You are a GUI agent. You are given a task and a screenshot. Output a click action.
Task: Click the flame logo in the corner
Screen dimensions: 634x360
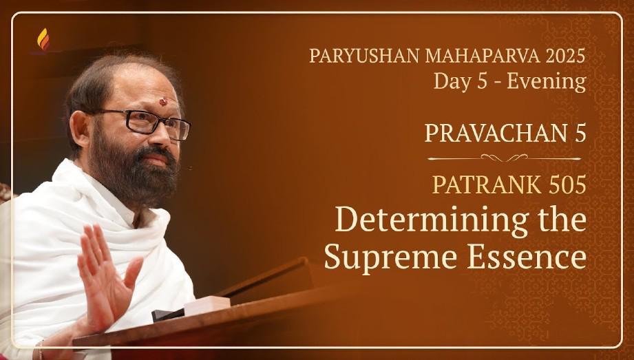pyautogui.click(x=43, y=39)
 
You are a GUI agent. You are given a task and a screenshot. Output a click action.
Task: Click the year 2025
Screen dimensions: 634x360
pyautogui.click(x=565, y=56)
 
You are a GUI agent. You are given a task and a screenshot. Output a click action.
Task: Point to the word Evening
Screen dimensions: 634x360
pyautogui.click(x=547, y=82)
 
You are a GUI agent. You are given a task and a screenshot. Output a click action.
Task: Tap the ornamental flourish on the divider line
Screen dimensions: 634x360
pyautogui.click(x=504, y=158)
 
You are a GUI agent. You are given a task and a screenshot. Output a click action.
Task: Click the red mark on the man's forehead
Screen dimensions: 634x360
pyautogui.click(x=163, y=101)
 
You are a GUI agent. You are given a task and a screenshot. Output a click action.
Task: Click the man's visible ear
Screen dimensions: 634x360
pyautogui.click(x=80, y=129)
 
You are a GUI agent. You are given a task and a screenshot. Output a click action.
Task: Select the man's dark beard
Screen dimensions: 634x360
pyautogui.click(x=134, y=174)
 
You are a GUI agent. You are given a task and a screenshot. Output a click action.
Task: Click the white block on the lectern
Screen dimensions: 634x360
pyautogui.click(x=207, y=305)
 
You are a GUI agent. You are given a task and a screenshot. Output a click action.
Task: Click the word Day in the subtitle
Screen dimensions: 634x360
pyautogui.click(x=449, y=82)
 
